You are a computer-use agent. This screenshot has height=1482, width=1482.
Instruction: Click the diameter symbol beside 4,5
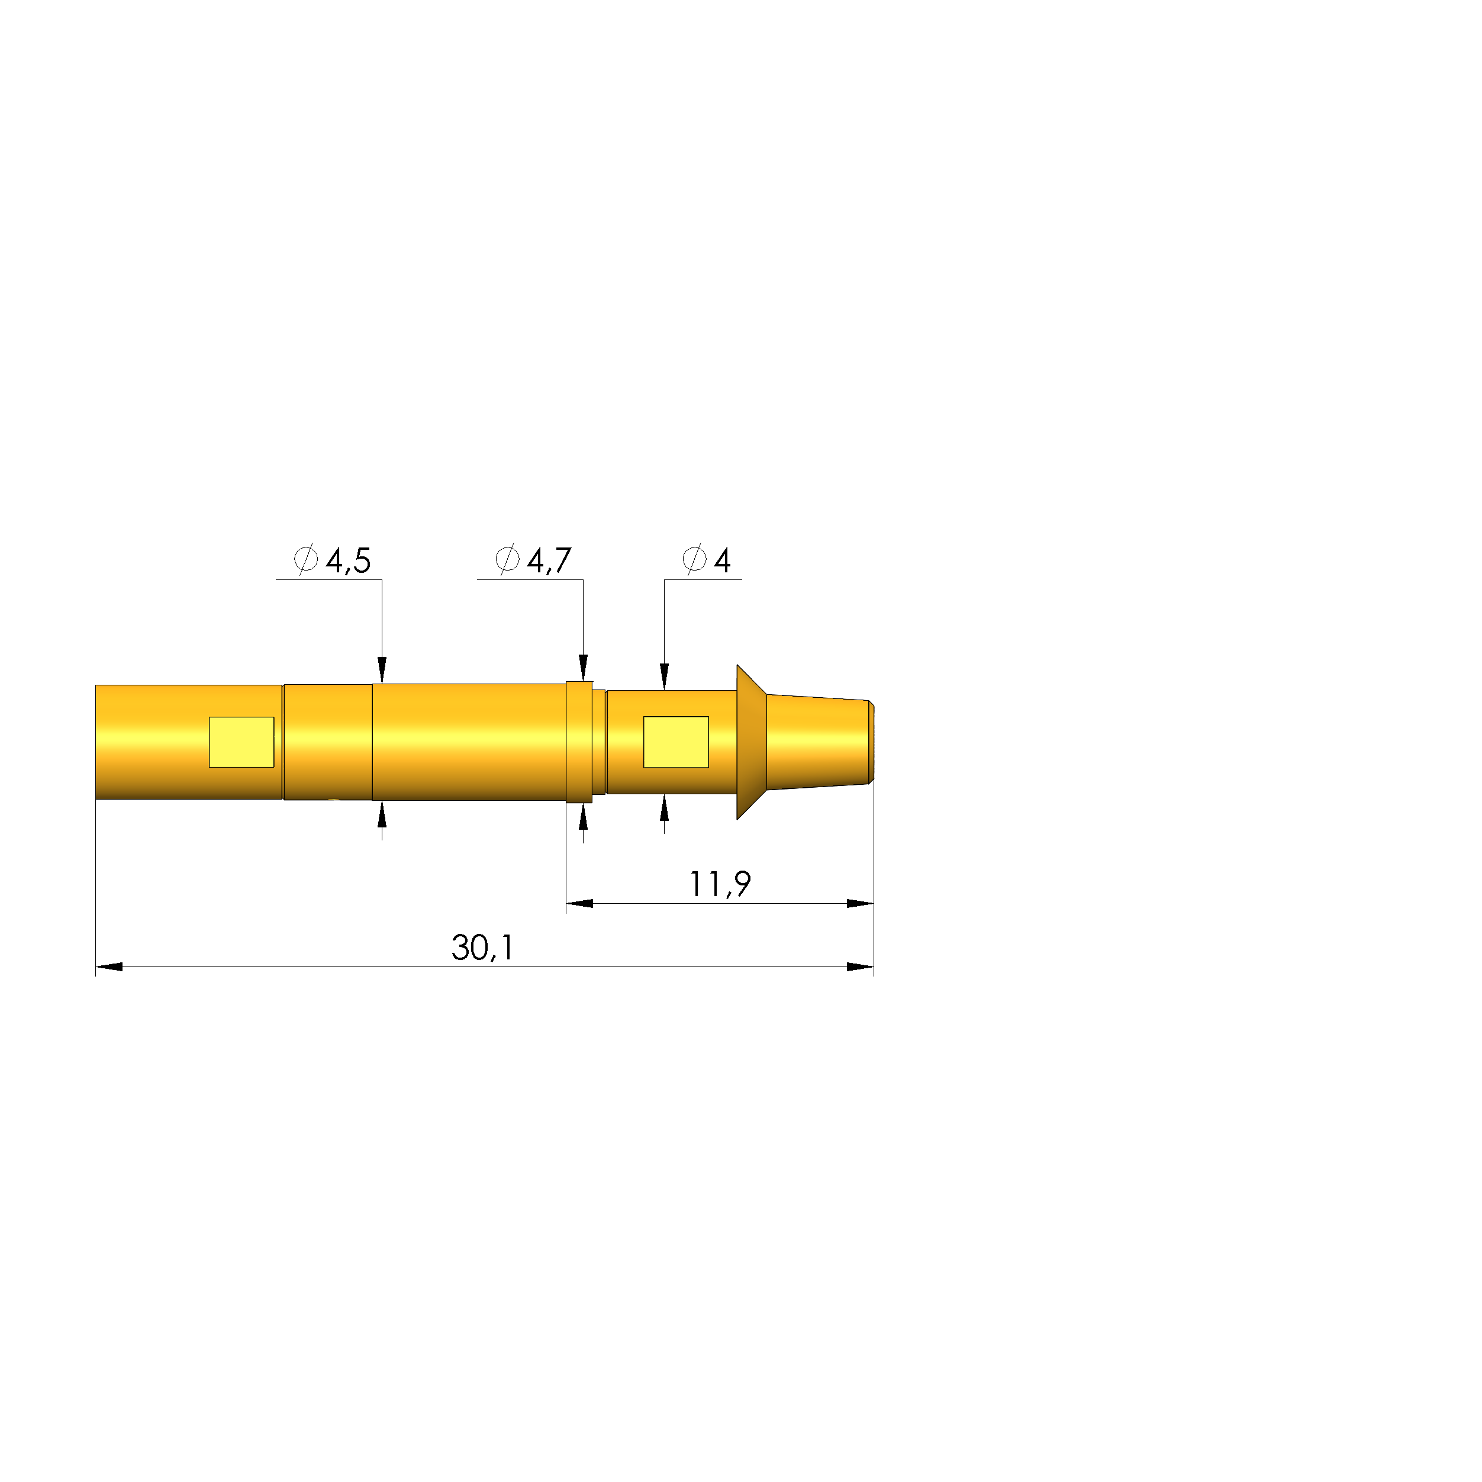(306, 559)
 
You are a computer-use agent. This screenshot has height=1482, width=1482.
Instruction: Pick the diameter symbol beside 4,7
(507, 559)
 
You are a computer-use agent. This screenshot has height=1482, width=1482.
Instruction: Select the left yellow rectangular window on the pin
(241, 742)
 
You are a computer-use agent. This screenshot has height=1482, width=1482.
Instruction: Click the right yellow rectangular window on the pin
(676, 742)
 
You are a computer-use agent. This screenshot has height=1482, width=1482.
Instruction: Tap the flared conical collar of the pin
(752, 742)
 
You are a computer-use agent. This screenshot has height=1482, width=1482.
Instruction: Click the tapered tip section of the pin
(817, 742)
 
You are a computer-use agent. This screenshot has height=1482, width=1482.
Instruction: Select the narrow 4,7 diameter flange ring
(579, 742)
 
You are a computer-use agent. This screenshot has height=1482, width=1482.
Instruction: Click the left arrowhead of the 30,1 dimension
(109, 966)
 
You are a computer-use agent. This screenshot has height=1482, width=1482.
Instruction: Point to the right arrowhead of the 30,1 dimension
(860, 966)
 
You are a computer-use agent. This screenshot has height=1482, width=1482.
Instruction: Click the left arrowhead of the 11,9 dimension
(580, 904)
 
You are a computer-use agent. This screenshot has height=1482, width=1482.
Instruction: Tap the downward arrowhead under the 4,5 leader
(382, 669)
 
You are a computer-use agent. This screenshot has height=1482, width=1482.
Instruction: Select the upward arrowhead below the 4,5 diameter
(382, 814)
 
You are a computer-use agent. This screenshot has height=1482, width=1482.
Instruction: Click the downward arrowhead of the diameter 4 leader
(664, 676)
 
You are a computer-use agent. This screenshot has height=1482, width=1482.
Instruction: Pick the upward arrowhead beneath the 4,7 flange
(583, 818)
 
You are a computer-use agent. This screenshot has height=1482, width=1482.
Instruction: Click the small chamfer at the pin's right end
(871, 742)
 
